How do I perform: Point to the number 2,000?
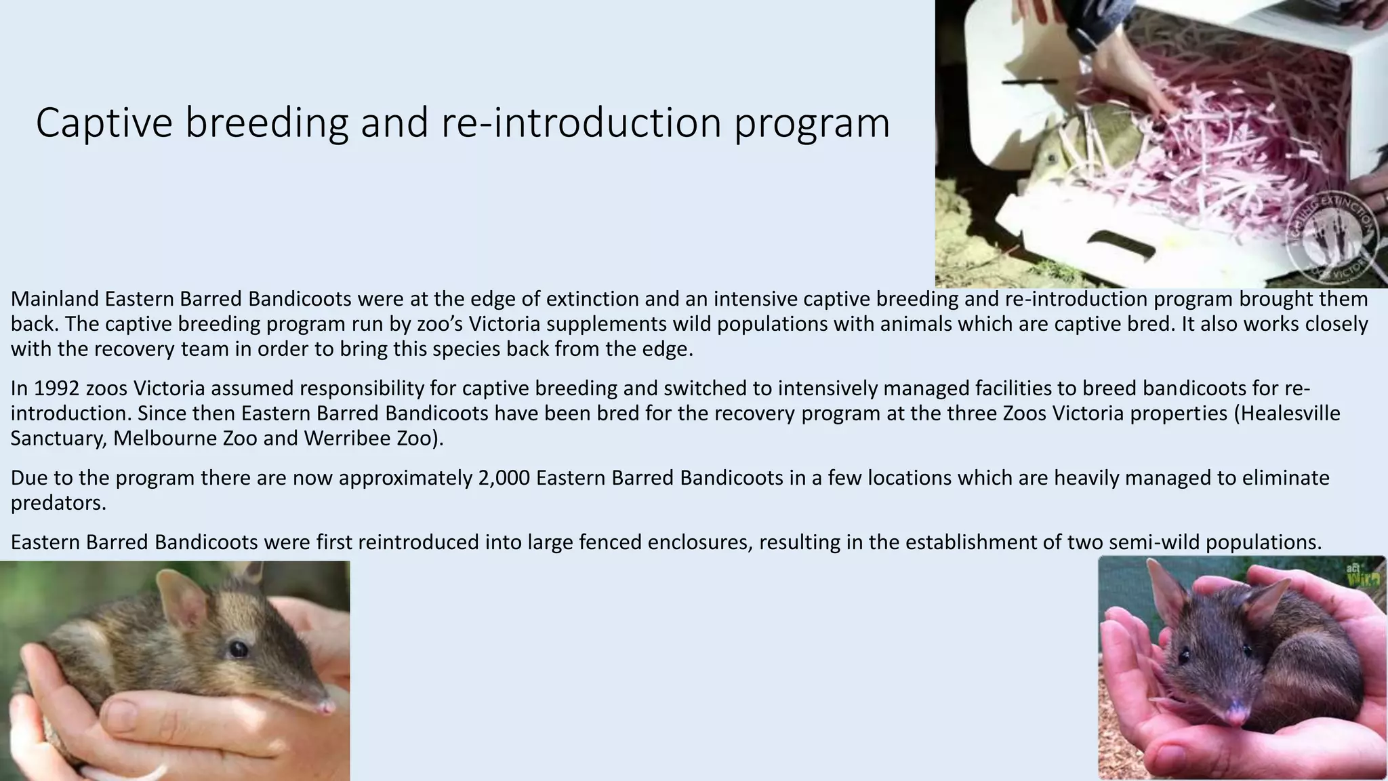(504, 478)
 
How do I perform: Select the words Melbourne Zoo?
(185, 439)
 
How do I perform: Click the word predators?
(58, 504)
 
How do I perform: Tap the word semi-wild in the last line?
(1156, 542)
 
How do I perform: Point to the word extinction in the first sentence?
(592, 299)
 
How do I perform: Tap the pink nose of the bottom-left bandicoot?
(326, 707)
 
